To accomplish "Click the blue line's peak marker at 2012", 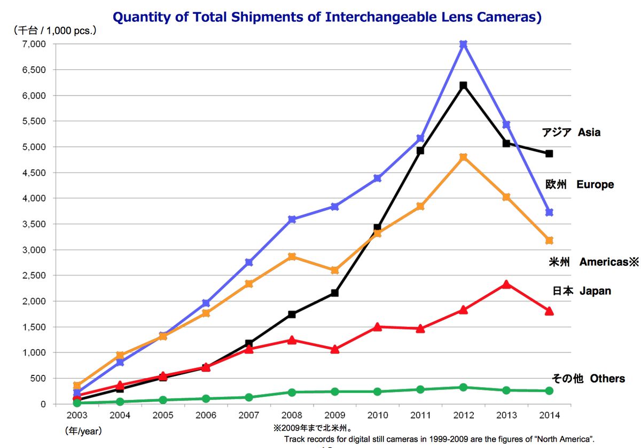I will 463,44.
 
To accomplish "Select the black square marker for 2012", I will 463,85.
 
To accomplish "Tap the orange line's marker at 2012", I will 463,157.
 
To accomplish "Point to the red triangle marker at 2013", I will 506,285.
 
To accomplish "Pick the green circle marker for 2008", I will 292,392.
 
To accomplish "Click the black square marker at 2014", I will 549,154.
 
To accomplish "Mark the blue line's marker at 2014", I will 549,213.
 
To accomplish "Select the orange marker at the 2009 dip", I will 334,270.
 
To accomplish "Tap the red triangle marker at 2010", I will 377,327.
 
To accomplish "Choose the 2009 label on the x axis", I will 334,415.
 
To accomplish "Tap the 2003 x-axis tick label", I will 77,415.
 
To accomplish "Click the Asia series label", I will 571,132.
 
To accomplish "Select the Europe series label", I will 580,185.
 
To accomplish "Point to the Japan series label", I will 582,291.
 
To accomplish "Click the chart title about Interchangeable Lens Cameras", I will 327,17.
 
